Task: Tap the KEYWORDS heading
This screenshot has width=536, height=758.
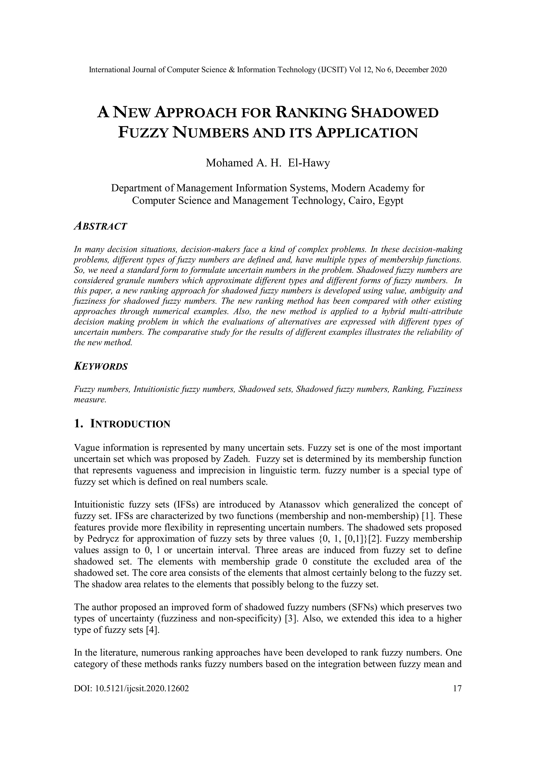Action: click(101, 367)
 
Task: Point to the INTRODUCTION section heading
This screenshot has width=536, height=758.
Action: click(130, 424)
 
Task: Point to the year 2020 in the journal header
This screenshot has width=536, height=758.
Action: click(439, 70)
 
